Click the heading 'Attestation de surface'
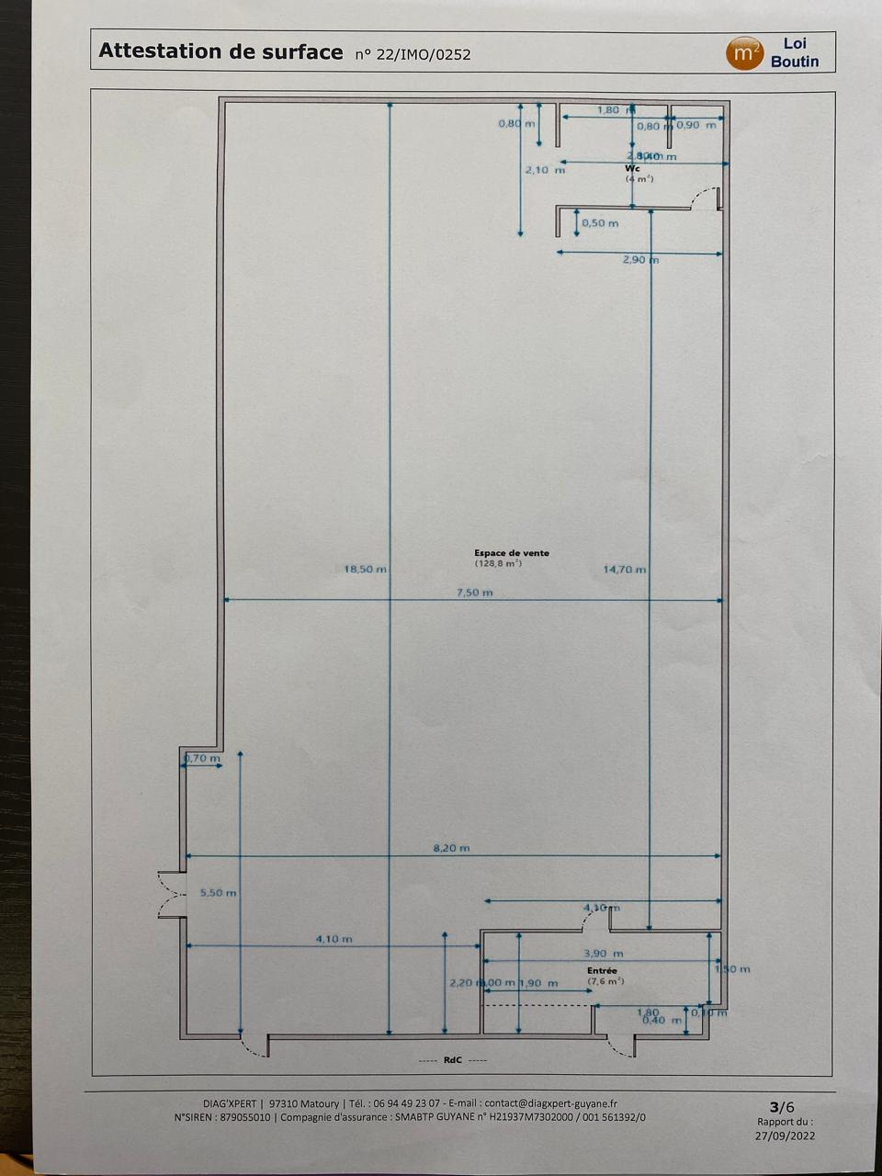[220, 51]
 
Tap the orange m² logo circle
[744, 53]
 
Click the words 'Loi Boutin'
[795, 52]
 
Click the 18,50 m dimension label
[365, 570]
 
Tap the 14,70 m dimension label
[624, 570]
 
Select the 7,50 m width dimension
[474, 593]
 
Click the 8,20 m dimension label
[451, 848]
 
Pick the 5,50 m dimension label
[218, 892]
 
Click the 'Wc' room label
[632, 169]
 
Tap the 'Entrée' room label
[603, 970]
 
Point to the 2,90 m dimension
[639, 260]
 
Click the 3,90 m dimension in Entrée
[604, 954]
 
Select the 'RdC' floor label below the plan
[453, 1060]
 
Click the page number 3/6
[781, 1106]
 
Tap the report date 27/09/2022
[786, 1135]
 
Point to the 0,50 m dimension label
[600, 223]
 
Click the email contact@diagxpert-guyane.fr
[551, 1103]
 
